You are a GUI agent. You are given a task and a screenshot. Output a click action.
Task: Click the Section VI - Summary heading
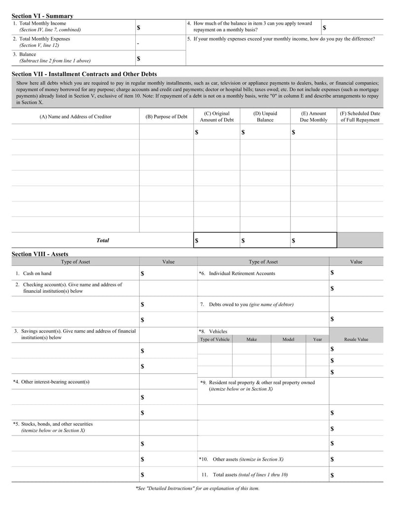coord(42,16)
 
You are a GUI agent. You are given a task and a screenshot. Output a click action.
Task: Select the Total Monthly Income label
coord(39,23)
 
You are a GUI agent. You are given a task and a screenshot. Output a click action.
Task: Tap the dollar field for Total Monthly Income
coord(160,27)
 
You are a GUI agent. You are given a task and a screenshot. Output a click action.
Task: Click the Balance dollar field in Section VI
coord(160,58)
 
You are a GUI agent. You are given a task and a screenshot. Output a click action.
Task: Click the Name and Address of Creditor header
coord(75,117)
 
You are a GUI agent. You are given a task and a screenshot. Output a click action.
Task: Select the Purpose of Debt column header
coord(166,117)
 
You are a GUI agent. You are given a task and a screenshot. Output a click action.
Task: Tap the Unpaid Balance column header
coord(265,117)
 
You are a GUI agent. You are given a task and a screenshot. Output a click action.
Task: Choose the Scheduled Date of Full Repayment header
coord(360,117)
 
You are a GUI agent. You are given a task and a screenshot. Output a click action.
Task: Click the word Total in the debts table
coord(103,240)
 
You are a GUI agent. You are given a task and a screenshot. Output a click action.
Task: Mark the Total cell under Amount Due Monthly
coord(313,240)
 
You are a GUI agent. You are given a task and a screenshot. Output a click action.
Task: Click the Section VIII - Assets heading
coord(39,254)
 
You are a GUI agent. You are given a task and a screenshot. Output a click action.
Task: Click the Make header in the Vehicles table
coord(251,339)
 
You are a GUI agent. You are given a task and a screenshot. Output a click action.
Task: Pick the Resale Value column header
coord(356,339)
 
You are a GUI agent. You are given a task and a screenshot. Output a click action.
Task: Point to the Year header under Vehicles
coord(317,339)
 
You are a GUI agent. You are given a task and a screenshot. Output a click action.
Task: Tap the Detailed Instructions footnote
coord(197,488)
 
